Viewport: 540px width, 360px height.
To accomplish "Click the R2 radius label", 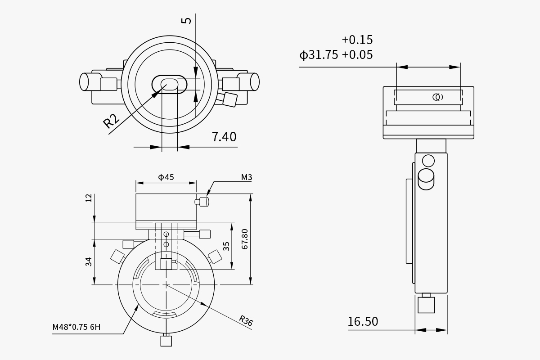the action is [111, 121].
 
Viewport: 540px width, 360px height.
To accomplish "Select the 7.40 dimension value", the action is [224, 137].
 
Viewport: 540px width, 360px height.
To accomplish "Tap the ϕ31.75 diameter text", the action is [319, 55].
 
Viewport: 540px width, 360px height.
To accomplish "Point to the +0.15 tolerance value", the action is [357, 40].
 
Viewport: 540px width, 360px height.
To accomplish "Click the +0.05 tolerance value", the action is [357, 55].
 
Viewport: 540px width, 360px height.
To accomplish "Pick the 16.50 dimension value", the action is [363, 321].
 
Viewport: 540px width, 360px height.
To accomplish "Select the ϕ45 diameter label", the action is [166, 177].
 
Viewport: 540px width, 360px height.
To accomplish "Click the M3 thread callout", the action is [247, 177].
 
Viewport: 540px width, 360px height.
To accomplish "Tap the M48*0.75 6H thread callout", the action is [76, 327].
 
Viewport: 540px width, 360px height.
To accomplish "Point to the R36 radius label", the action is [246, 321].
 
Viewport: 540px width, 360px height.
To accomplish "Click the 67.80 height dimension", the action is [244, 239].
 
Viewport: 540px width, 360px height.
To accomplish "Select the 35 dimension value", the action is [226, 246].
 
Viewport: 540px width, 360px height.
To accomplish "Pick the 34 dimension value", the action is [89, 262].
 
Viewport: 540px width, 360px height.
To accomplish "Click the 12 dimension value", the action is [89, 198].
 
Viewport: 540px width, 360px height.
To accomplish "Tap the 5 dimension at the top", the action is [186, 21].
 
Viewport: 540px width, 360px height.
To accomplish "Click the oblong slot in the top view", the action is [169, 85].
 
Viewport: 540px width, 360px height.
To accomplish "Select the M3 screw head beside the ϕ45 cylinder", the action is [202, 202].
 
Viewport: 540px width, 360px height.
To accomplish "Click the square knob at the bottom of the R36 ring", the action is [166, 341].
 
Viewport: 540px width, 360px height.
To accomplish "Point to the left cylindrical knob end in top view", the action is [84, 82].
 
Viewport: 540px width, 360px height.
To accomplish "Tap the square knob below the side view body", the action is [426, 305].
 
